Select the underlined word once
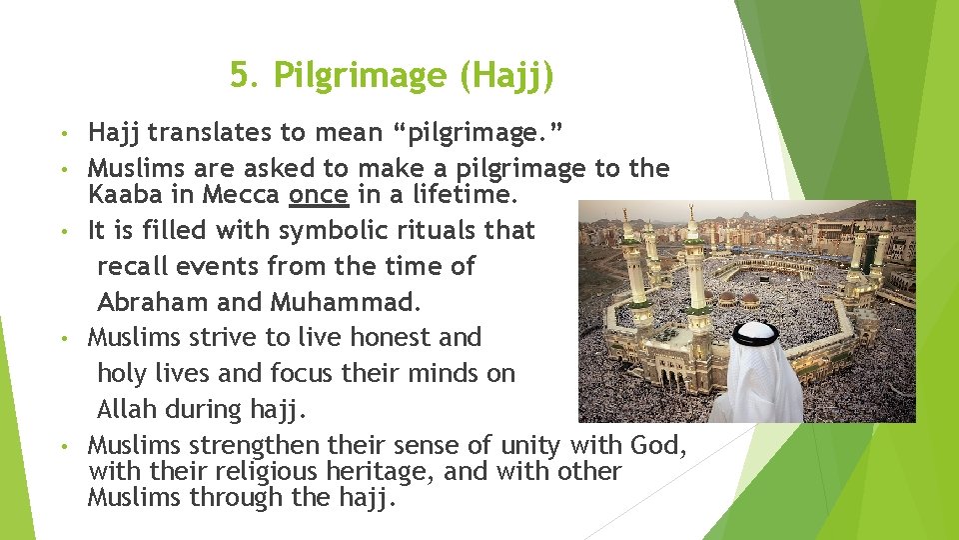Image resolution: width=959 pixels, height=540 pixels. [x=319, y=194]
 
